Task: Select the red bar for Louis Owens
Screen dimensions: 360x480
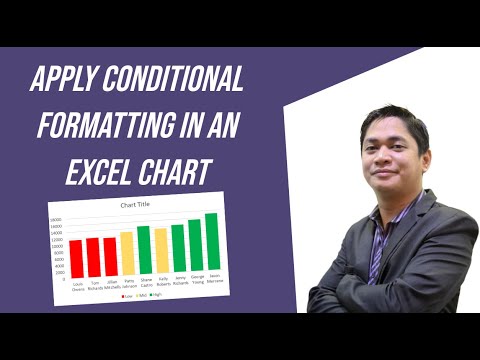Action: click(76, 259)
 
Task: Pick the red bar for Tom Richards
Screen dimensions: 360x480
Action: click(93, 258)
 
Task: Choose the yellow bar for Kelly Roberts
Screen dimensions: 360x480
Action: click(161, 253)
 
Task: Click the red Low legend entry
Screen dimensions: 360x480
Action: click(127, 297)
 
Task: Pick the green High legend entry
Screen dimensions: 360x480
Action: click(157, 297)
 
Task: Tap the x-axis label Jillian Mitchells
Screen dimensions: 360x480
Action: click(110, 286)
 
